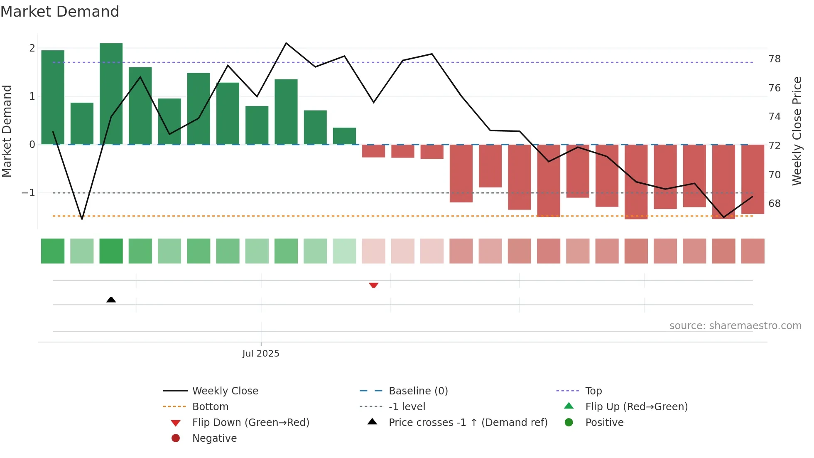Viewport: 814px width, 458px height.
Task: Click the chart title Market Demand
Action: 60,12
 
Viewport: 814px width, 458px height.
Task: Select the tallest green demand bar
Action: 111,94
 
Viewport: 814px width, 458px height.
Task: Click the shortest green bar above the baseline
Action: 344,136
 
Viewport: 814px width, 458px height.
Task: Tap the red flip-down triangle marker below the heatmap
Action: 373,285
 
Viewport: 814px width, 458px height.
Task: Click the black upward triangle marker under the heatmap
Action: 111,300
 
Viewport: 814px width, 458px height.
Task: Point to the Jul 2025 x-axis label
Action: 261,353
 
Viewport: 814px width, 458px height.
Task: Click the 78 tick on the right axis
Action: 774,59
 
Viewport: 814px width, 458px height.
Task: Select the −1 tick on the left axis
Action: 28,193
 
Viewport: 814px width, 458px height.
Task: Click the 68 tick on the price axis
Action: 774,204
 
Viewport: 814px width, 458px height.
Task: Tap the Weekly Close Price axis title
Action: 797,131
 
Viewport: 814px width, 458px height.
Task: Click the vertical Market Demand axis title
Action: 7,131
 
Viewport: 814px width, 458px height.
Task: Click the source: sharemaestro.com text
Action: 735,325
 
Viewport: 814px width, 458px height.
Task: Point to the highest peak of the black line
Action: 286,43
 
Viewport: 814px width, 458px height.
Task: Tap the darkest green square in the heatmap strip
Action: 111,251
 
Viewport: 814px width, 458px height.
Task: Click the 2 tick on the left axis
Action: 32,48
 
